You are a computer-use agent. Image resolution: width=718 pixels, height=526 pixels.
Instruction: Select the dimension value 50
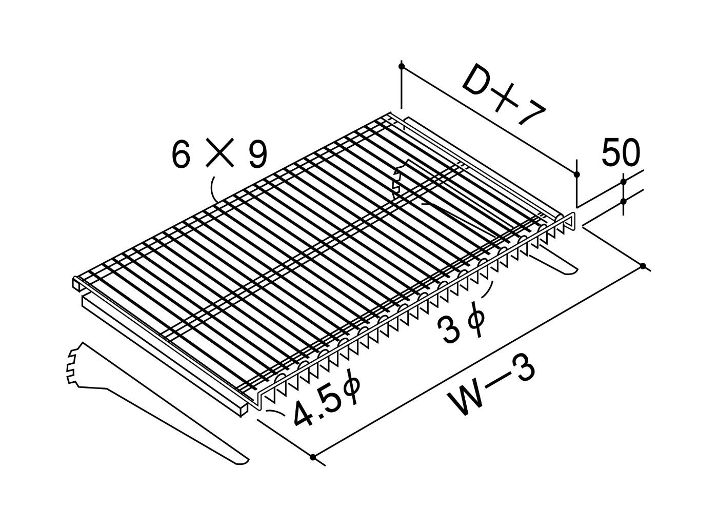(x=621, y=153)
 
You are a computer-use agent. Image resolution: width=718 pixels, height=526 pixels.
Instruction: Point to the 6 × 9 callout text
(x=220, y=153)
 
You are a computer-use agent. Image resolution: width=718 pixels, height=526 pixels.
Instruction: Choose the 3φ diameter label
(x=461, y=323)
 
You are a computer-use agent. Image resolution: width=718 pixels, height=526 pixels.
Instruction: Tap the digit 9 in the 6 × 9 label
(x=258, y=153)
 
